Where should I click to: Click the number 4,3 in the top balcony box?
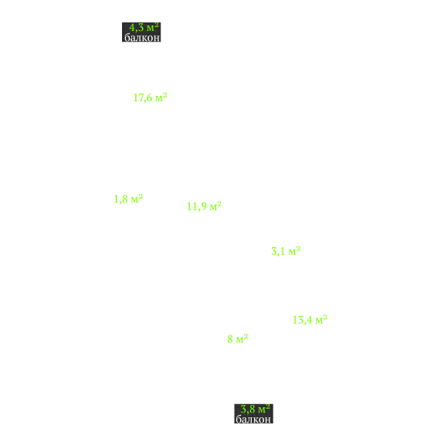point(136,28)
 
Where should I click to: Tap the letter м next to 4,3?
point(151,29)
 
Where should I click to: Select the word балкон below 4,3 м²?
point(142,37)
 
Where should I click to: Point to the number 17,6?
point(143,97)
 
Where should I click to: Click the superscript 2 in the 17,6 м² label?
point(165,95)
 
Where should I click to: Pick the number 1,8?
point(120,199)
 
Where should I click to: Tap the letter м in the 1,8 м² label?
point(134,200)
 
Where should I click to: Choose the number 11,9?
point(196,206)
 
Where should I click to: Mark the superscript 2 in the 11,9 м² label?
point(219,204)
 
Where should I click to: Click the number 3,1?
point(278,251)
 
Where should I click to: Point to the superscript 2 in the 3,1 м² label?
point(298,249)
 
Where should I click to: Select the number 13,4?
point(303,320)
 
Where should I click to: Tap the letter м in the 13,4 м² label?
point(319,321)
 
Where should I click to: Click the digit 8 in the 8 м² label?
point(230,339)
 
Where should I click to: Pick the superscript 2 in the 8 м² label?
point(246,336)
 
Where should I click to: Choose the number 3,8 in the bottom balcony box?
point(248,410)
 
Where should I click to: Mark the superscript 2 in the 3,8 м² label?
point(268,406)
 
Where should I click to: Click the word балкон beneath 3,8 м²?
point(253,419)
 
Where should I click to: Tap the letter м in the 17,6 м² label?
point(159,99)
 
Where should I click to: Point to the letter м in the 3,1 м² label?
point(292,252)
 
